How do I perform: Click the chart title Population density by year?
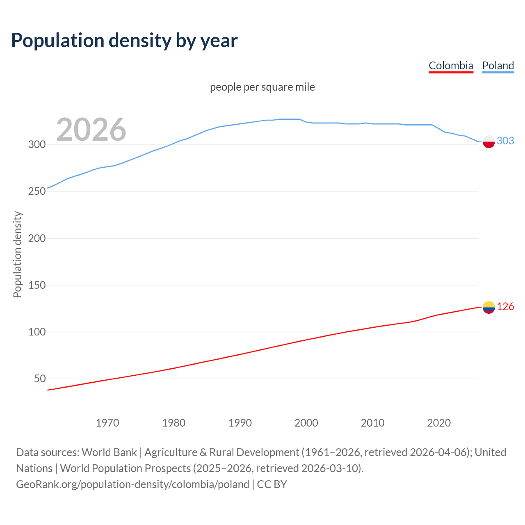point(124,41)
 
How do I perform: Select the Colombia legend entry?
point(451,66)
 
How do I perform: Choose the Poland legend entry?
point(498,66)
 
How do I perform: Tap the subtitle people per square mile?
point(262,87)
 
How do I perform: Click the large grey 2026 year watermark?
point(91,130)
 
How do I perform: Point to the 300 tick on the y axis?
point(37,144)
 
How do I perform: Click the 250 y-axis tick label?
point(37,191)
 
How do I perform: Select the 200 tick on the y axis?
point(37,238)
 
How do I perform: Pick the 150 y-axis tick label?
point(37,285)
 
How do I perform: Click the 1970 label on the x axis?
point(107,422)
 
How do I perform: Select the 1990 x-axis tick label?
point(240,422)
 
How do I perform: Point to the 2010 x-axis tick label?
point(372,422)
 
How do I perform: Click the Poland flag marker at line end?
point(488,142)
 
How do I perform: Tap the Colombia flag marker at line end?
point(488,307)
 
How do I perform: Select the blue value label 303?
point(505,141)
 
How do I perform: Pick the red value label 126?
point(505,306)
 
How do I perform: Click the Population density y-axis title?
point(17,254)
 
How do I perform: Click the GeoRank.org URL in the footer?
point(132,484)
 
